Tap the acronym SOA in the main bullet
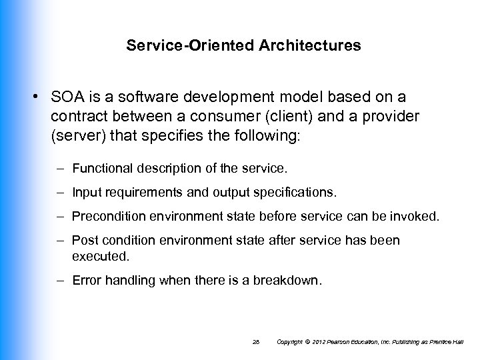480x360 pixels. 65,97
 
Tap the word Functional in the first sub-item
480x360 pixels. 99,167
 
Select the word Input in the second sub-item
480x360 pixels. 85,193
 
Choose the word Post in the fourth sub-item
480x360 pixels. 83,240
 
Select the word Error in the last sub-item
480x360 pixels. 86,281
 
